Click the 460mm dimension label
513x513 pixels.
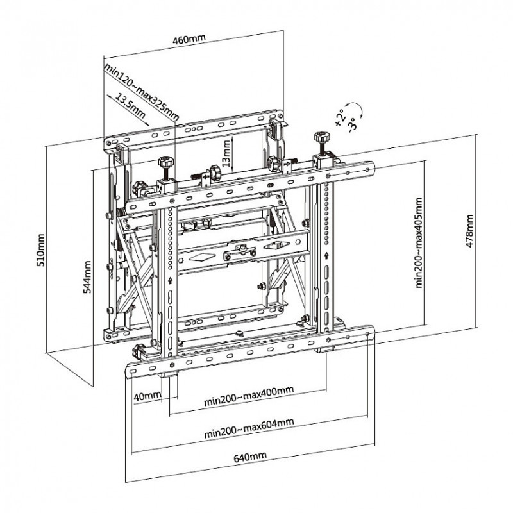tap(189, 38)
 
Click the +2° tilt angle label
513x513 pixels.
tap(339, 115)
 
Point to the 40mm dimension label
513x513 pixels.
tap(147, 396)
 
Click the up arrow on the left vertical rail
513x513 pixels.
tap(170, 280)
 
